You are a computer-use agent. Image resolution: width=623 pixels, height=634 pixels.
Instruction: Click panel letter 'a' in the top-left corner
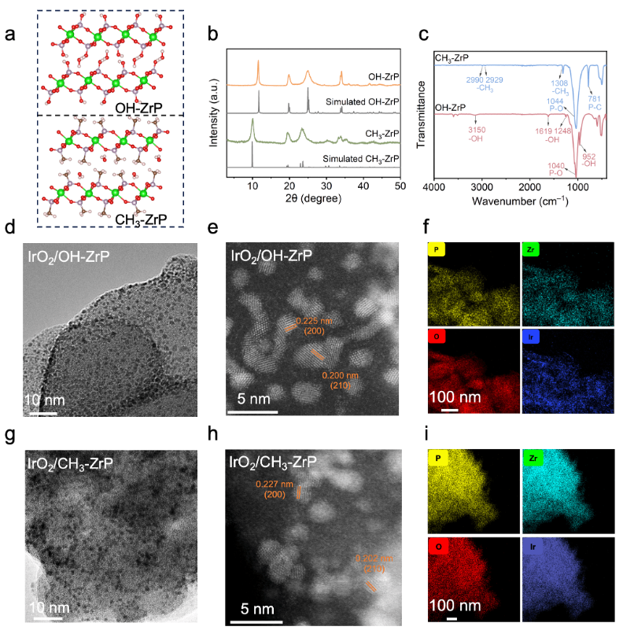pyautogui.click(x=10, y=34)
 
